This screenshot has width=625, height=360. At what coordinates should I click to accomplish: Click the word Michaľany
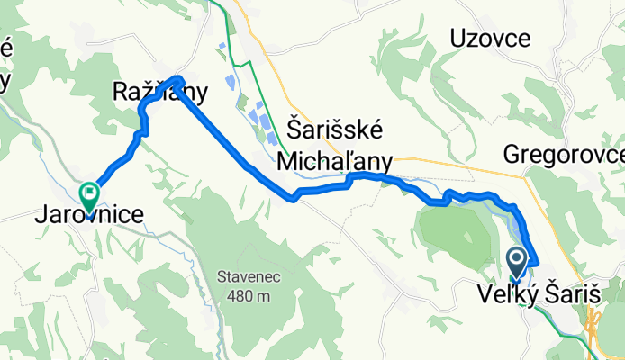tap(334, 160)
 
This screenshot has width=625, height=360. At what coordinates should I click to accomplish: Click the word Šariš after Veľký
tap(575, 294)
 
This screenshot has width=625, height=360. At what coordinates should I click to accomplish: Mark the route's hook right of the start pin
tap(534, 261)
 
